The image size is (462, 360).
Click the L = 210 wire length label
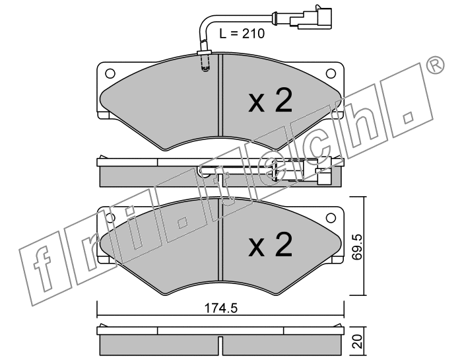(x=242, y=34)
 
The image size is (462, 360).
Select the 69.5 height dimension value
(x=357, y=247)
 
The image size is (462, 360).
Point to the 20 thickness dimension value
(x=357, y=341)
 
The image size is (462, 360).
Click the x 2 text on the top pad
(x=271, y=101)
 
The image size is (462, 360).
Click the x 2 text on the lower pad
(x=271, y=244)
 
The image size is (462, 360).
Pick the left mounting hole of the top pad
(x=110, y=73)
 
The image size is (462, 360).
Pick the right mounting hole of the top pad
(x=331, y=73)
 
